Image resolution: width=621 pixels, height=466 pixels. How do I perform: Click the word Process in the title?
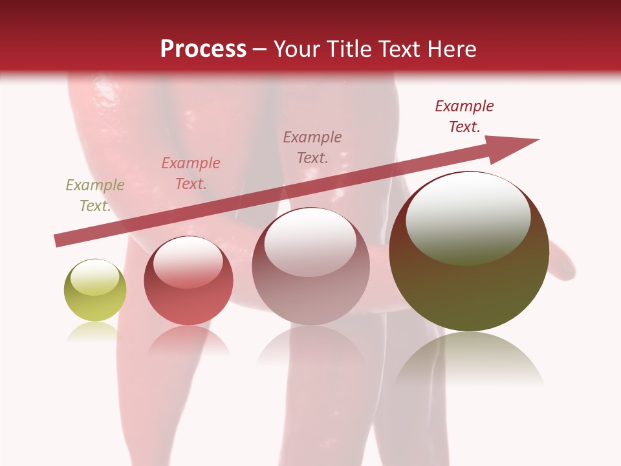tap(203, 49)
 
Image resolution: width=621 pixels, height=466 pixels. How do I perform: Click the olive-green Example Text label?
tap(95, 195)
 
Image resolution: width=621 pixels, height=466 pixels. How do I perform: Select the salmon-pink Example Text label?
tap(191, 173)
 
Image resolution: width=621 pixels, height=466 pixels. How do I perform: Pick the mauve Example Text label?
tap(312, 147)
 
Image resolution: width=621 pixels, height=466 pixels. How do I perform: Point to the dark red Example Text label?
tap(464, 116)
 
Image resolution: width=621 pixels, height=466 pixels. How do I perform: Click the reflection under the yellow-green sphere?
tap(95, 333)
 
